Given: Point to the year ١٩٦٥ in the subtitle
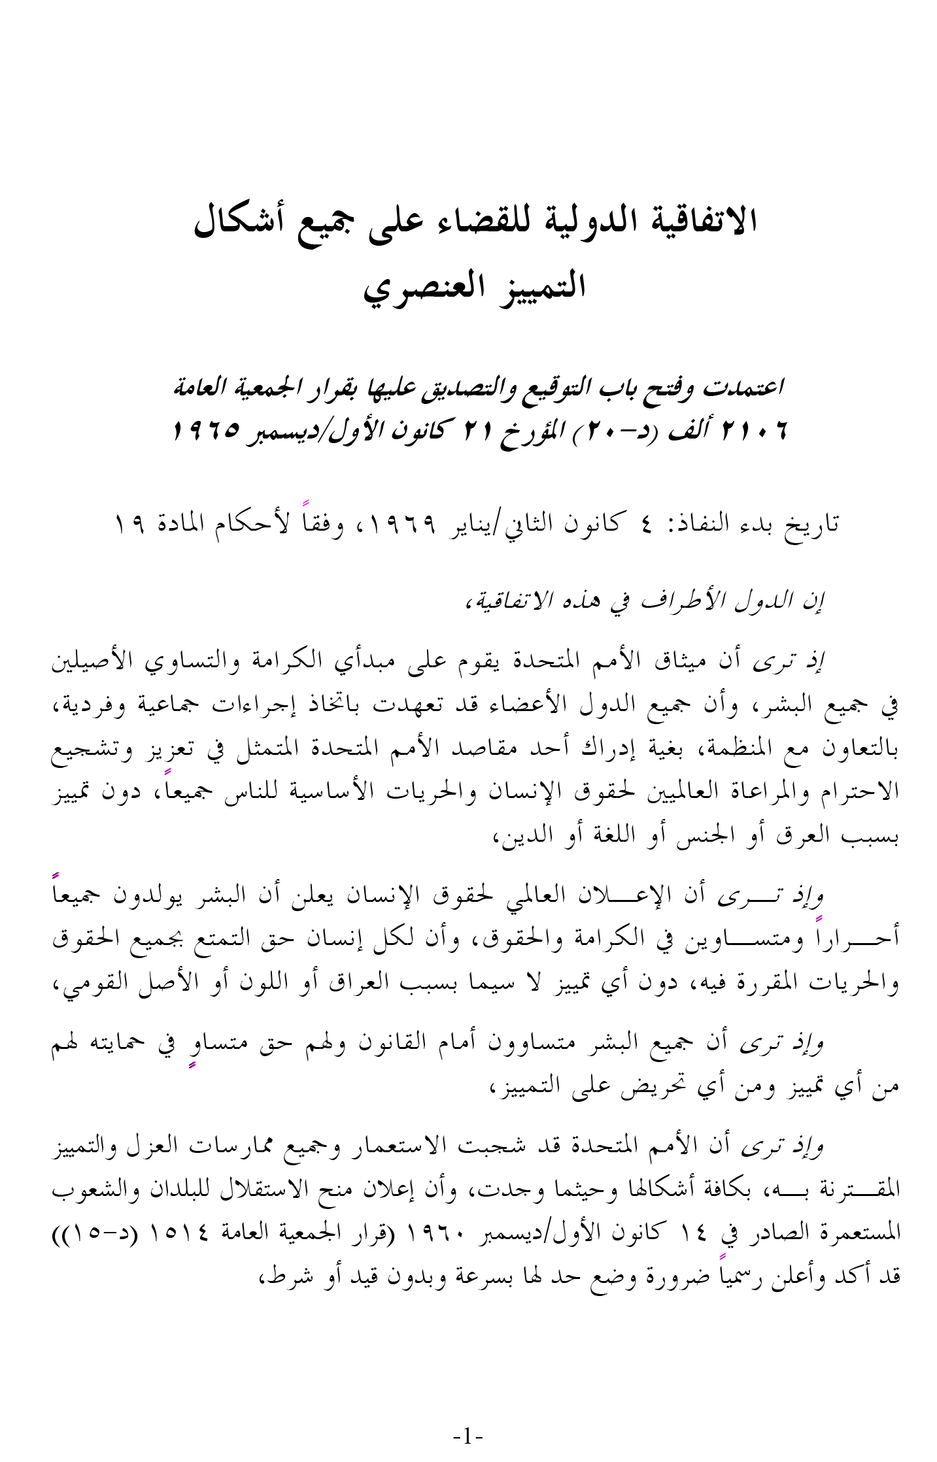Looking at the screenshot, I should coord(207,431).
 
